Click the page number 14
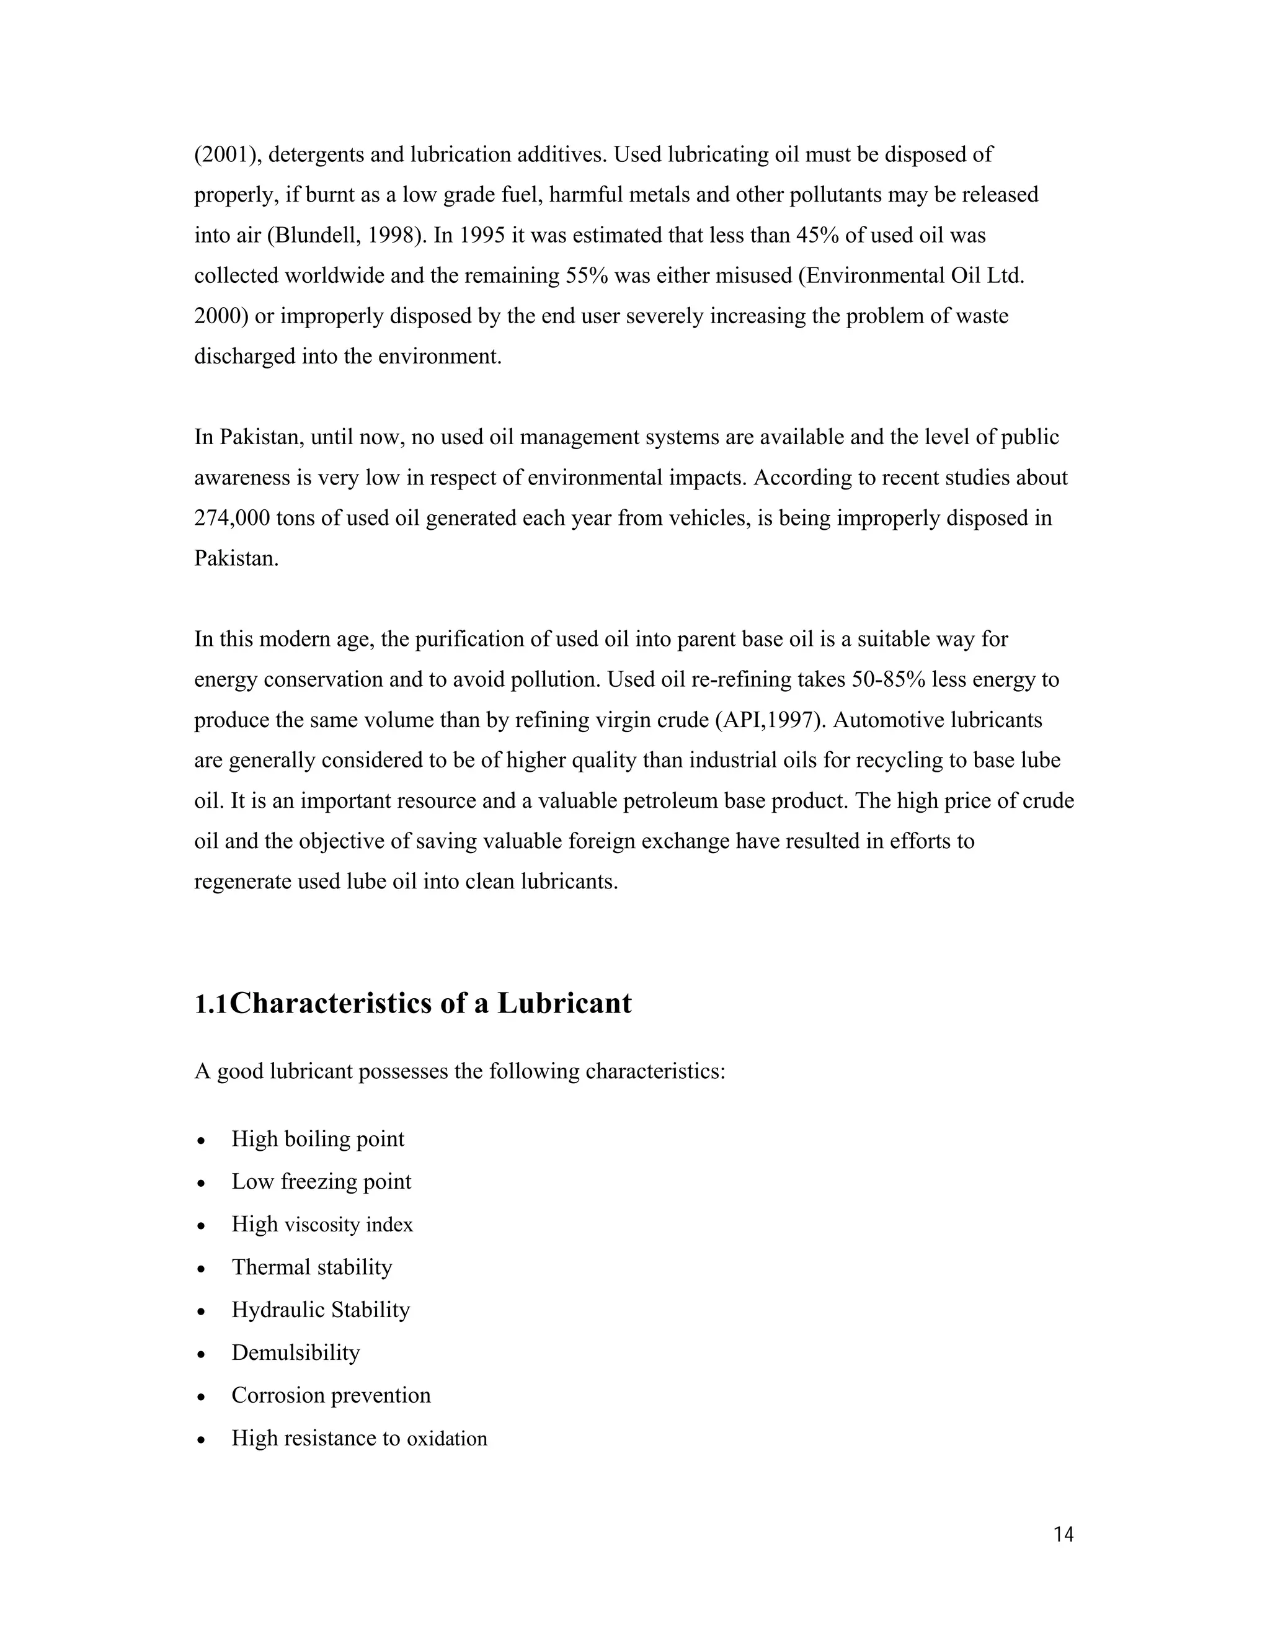1063,1535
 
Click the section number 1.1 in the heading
211,1004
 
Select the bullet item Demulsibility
296,1352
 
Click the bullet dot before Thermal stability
201,1269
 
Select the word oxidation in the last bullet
447,1439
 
